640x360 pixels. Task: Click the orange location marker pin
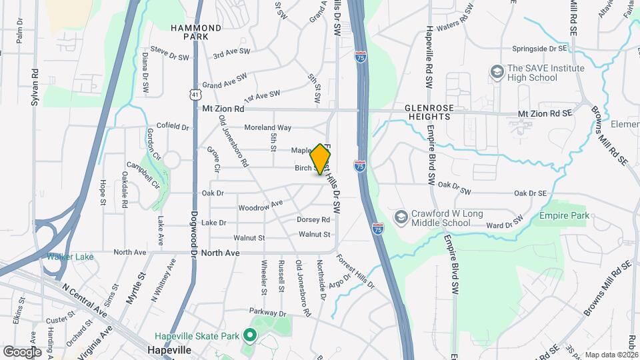[321, 159]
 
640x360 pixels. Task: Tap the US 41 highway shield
[194, 95]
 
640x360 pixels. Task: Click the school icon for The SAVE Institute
[496, 71]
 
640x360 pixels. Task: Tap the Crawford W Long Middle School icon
[401, 217]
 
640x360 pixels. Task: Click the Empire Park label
[565, 216]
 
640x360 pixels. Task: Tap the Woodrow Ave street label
[261, 206]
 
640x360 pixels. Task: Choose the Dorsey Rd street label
[313, 219]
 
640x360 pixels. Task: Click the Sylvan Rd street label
[35, 87]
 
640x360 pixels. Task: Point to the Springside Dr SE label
[539, 49]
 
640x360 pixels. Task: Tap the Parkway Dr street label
[267, 311]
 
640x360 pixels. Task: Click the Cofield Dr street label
[173, 126]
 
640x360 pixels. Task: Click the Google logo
[22, 351]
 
